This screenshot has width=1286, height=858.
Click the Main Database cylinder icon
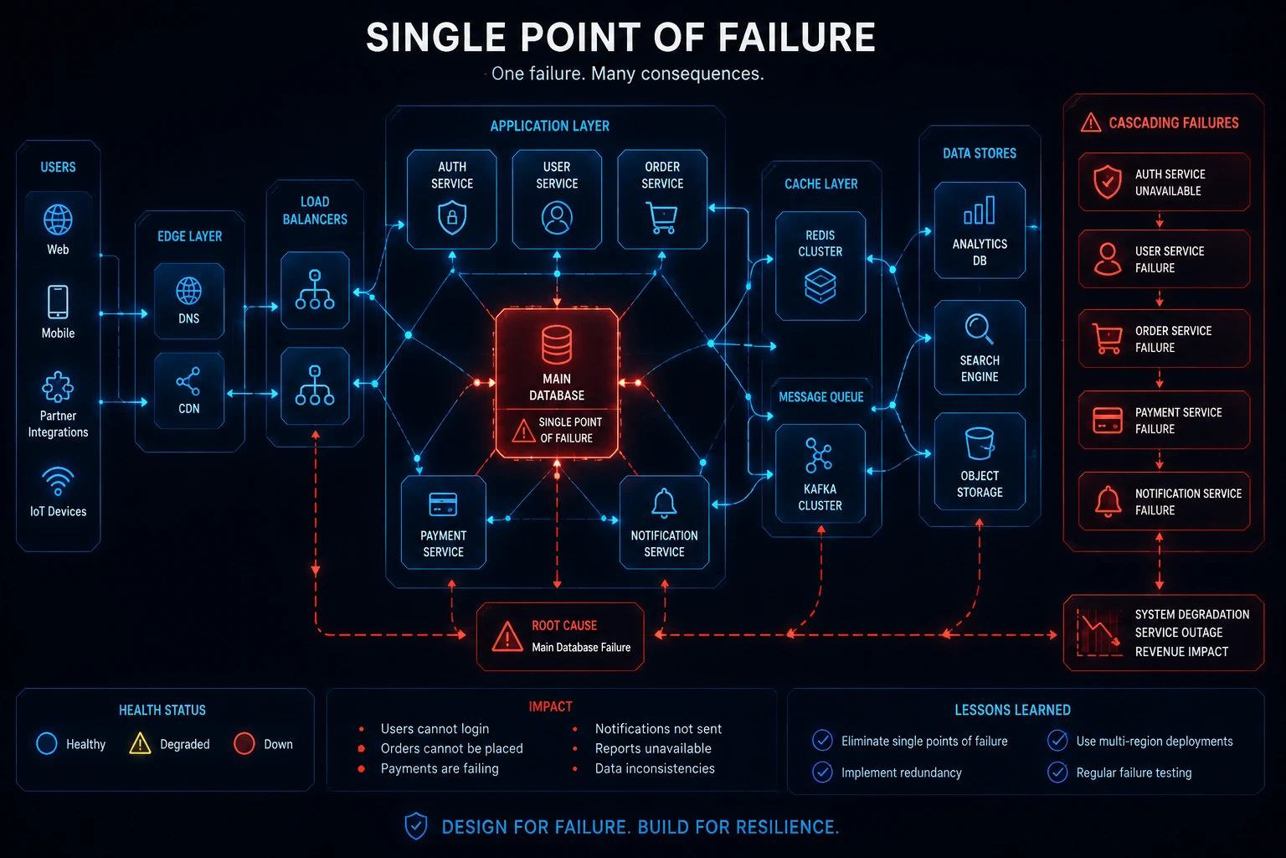556,345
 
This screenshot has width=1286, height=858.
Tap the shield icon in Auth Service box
452,217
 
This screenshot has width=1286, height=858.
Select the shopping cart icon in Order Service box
662,217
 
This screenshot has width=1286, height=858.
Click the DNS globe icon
189,290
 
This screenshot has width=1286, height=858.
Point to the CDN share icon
188,381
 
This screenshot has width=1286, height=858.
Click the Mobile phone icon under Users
58,302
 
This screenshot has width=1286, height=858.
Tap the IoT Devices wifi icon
58,481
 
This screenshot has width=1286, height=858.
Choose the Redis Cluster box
820,266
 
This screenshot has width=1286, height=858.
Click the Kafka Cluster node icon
819,455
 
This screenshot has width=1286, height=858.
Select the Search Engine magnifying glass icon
979,328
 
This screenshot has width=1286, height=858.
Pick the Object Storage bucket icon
980,443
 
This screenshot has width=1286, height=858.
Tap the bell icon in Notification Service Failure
1108,501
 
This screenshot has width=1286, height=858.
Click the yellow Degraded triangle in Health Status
140,743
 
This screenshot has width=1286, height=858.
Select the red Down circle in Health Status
244,743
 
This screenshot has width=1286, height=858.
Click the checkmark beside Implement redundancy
822,772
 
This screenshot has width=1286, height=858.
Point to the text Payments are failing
440,768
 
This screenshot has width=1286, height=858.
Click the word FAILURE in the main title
797,38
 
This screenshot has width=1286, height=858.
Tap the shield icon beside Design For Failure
415,826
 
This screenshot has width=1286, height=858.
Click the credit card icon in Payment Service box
443,504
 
